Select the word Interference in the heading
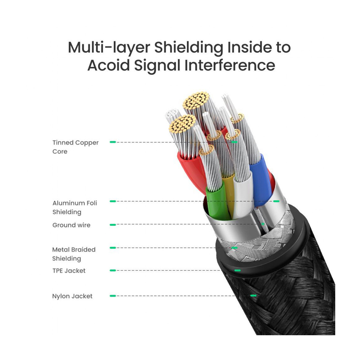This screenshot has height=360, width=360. (x=230, y=65)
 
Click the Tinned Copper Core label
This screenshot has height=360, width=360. (x=75, y=147)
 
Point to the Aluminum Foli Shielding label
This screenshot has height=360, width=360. (x=75, y=207)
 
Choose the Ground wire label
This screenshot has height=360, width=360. (x=71, y=225)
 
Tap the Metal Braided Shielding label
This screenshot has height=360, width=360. (x=74, y=254)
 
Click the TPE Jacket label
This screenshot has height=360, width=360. (x=68, y=271)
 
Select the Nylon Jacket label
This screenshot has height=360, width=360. (x=72, y=296)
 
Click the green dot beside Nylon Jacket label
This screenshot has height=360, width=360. (x=112, y=296)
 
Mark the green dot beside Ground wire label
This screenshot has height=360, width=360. (x=112, y=225)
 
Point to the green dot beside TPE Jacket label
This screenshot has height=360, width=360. (x=112, y=270)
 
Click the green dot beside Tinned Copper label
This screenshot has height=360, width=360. (x=112, y=142)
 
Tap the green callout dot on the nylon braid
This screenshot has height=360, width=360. (x=254, y=296)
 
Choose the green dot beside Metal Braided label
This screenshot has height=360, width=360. (x=112, y=248)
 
